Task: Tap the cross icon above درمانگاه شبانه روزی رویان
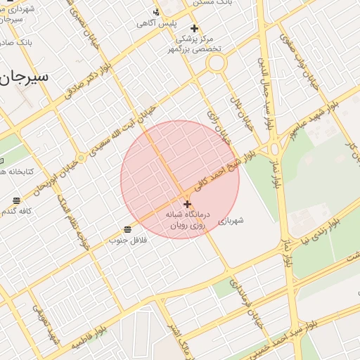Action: [x=187, y=204]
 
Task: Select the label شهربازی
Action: [x=230, y=220]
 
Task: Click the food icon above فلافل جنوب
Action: [x=128, y=229]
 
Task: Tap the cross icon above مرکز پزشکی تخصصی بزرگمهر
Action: [x=194, y=29]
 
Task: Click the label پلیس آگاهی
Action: [x=155, y=23]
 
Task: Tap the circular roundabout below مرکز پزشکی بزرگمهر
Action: [x=216, y=63]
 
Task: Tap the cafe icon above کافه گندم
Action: [x=16, y=200]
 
